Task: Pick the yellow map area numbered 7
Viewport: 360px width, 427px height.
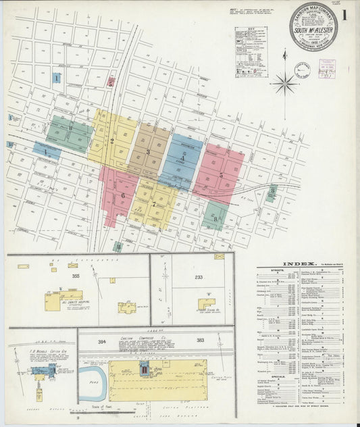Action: tap(154, 205)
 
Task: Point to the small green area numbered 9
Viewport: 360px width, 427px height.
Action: tap(272, 193)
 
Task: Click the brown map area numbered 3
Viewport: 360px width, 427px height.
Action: tap(149, 151)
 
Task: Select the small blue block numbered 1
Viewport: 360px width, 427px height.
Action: tap(57, 78)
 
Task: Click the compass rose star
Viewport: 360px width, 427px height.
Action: tap(284, 84)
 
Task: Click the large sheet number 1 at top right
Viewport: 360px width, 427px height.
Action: tap(345, 14)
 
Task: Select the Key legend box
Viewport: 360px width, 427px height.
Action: tap(250, 53)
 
